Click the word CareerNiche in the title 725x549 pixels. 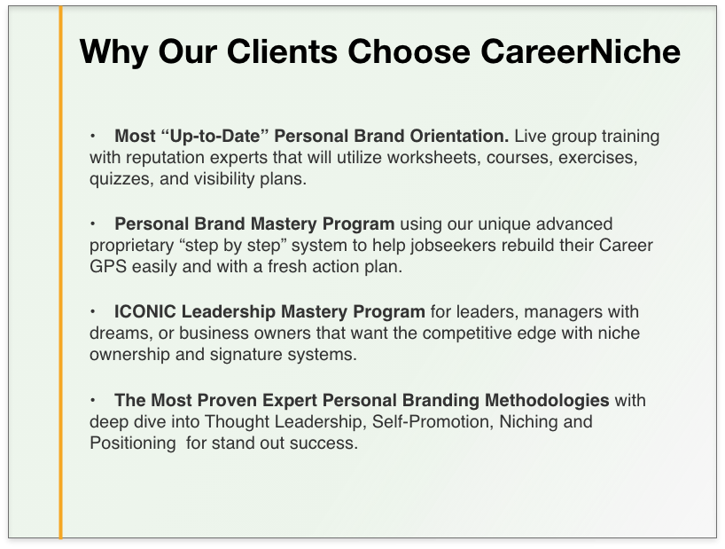tap(581, 51)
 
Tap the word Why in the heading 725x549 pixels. tap(113, 52)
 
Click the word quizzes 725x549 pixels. tap(121, 179)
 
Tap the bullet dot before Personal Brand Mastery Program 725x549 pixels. tap(93, 224)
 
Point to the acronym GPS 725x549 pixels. tap(108, 266)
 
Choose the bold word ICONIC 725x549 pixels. tap(145, 311)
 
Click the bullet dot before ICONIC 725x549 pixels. tap(93, 311)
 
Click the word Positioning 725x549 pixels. tap(133, 443)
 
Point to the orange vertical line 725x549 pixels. tap(60, 272)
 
